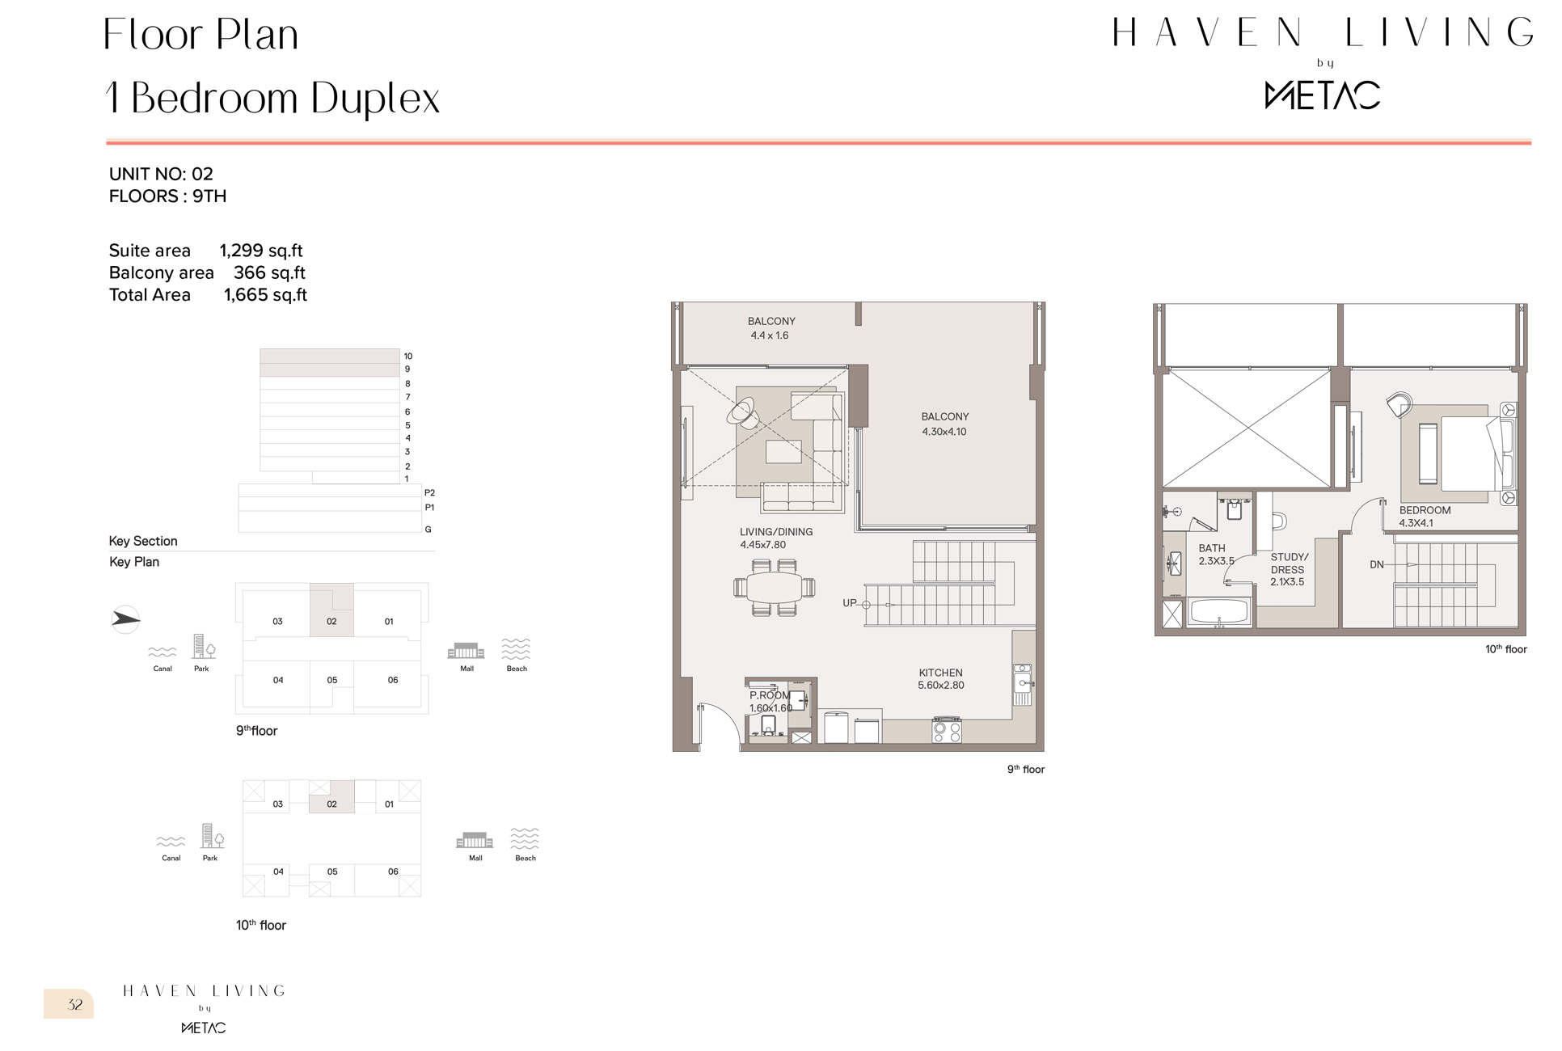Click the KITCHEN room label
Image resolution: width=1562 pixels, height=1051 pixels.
click(x=940, y=673)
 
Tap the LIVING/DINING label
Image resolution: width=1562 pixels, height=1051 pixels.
click(x=775, y=532)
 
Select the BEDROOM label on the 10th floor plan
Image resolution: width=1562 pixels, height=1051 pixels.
click(x=1425, y=510)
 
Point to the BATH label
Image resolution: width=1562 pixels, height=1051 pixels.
click(x=1211, y=548)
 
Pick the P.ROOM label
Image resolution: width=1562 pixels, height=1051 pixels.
click(x=769, y=695)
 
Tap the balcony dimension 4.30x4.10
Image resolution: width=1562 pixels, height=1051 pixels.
click(x=944, y=432)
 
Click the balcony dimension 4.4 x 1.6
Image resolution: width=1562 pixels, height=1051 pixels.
click(x=769, y=336)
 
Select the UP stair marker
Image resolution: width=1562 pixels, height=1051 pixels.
click(x=849, y=603)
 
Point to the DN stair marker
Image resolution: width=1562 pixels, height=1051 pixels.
click(x=1377, y=564)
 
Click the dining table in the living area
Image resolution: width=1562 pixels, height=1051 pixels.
click(x=774, y=587)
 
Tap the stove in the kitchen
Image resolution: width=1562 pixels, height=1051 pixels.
click(x=947, y=730)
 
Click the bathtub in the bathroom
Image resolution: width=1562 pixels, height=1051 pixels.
click(x=1220, y=613)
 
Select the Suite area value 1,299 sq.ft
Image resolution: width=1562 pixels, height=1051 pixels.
click(x=261, y=251)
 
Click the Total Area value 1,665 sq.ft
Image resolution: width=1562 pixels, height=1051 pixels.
click(x=265, y=295)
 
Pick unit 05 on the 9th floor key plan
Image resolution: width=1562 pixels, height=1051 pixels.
click(x=331, y=681)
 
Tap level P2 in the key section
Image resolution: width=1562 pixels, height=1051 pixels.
click(x=429, y=492)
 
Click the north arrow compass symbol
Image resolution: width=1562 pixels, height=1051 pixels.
click(x=125, y=619)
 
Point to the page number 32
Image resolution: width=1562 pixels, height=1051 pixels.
click(x=75, y=1005)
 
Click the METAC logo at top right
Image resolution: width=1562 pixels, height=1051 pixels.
click(x=1322, y=95)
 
